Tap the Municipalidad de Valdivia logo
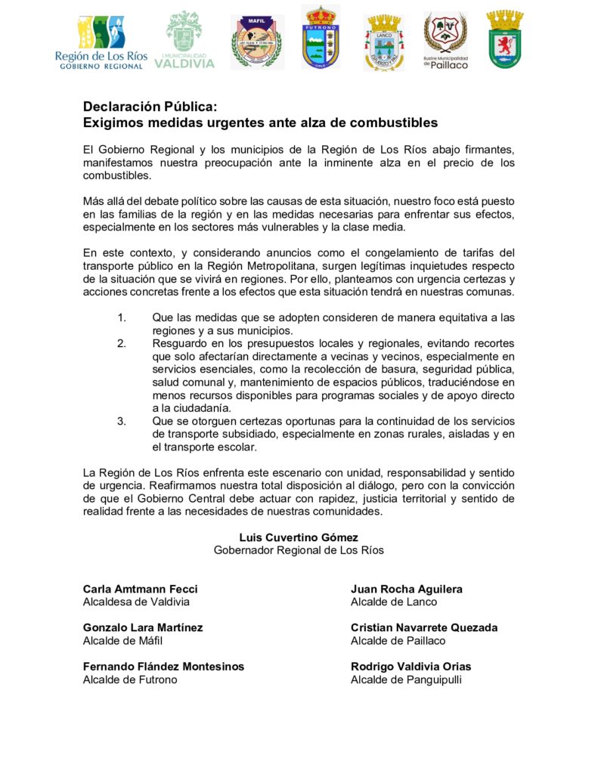click(184, 40)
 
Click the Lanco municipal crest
click(384, 42)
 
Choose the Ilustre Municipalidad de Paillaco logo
click(445, 40)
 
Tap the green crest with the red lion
click(506, 39)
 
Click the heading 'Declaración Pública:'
click(150, 107)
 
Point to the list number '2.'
click(122, 343)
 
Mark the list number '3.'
click(122, 421)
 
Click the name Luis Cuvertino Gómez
click(299, 537)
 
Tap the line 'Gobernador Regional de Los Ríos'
click(299, 550)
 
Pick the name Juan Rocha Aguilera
click(407, 589)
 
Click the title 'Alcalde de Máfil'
click(122, 641)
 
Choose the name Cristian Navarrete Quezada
click(424, 627)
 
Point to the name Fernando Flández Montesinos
click(163, 667)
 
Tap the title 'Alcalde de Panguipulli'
click(406, 680)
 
